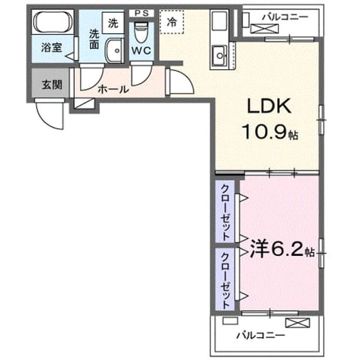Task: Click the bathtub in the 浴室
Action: tap(53, 22)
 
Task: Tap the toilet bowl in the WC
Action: tap(141, 32)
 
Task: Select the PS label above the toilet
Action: tap(141, 13)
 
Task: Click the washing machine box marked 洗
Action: tap(113, 23)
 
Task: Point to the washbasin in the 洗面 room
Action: tap(114, 51)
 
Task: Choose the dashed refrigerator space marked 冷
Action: tap(172, 22)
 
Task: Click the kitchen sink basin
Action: tap(219, 55)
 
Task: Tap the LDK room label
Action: tap(269, 106)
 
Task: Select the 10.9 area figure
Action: tap(264, 132)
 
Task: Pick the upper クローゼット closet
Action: tap(225, 211)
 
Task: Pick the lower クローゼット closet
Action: tap(225, 278)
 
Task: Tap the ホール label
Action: tap(114, 89)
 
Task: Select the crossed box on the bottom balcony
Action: tap(298, 322)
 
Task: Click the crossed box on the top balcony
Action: tap(264, 29)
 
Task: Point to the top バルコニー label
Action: tap(285, 17)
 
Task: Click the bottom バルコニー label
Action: tap(260, 336)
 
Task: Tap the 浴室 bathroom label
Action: tap(52, 47)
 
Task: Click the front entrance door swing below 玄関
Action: tap(49, 114)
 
